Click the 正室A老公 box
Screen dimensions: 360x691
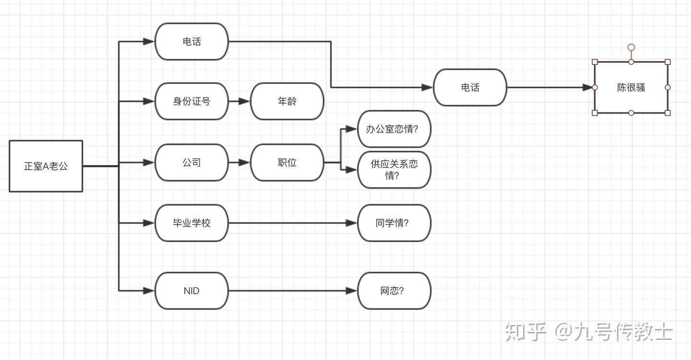tap(46, 166)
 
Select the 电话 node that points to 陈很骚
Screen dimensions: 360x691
tap(470, 87)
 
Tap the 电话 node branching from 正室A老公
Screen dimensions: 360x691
tap(191, 42)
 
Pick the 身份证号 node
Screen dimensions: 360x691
tap(191, 101)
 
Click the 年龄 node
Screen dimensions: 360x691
tap(287, 101)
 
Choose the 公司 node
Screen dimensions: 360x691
tap(191, 163)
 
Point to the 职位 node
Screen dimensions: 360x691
tap(287, 163)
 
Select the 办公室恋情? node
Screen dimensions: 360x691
tap(394, 129)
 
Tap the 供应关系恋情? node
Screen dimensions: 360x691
tap(394, 169)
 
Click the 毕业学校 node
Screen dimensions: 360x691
tap(191, 223)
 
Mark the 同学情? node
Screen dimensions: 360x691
tap(394, 223)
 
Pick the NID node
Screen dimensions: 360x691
tap(191, 291)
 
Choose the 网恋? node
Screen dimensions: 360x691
tap(394, 291)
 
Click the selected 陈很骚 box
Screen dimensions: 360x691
tap(631, 87)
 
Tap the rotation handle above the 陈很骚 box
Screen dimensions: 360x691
tap(631, 47)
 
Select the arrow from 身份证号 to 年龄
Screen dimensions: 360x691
tap(239, 101)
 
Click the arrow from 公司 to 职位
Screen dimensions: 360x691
tap(239, 163)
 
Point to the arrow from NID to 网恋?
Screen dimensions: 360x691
tap(293, 291)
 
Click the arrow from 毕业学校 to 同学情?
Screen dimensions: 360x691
tap(293, 223)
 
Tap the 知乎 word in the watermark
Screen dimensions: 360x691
tap(525, 332)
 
